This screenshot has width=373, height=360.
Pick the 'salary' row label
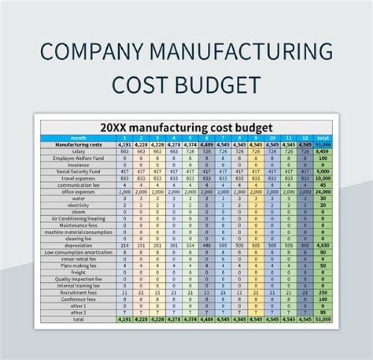click(x=79, y=151)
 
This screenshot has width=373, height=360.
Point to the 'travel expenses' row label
click(x=79, y=178)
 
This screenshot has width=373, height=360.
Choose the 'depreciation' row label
click(x=79, y=245)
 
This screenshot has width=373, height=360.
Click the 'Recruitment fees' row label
click(x=79, y=293)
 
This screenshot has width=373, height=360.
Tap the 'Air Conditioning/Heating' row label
click(x=79, y=218)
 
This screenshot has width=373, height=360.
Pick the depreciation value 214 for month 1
click(x=124, y=245)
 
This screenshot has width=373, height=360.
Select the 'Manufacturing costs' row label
click(x=79, y=145)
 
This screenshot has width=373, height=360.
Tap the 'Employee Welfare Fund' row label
click(x=79, y=158)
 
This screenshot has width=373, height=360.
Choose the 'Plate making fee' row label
click(x=79, y=266)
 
